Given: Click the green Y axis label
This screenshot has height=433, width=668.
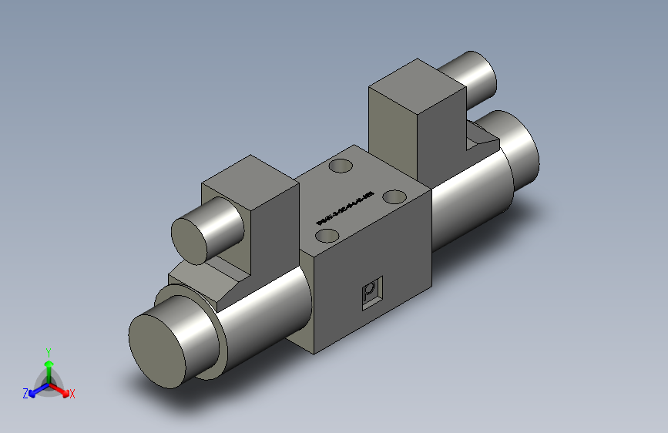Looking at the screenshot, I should [48, 351].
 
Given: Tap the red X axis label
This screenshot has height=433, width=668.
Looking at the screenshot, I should [72, 394].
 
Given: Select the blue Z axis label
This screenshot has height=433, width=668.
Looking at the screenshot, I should [25, 393].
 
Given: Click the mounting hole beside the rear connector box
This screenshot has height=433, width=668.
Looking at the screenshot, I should [339, 166].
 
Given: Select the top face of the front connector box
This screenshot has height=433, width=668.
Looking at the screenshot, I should [249, 174].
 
